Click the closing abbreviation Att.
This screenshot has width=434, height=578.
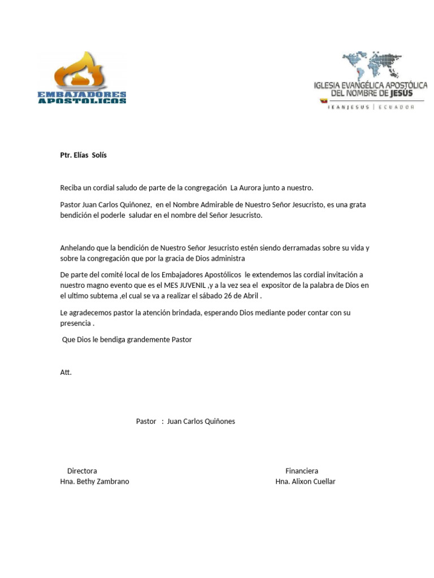point(66,373)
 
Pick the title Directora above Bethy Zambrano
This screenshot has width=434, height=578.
point(82,471)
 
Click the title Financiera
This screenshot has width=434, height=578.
point(302,471)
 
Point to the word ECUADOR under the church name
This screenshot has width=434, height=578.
point(396,107)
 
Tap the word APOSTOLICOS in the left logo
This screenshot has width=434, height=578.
point(82,101)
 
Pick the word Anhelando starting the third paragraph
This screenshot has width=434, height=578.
point(79,248)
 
